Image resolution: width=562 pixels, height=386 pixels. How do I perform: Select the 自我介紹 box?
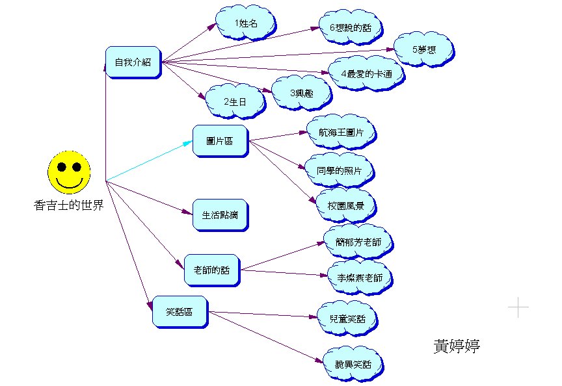coord(133,62)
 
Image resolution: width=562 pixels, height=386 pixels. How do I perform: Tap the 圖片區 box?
coord(220,140)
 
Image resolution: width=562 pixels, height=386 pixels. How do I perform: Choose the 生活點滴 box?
coord(220,215)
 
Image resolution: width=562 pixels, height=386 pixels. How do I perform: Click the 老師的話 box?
coord(211,269)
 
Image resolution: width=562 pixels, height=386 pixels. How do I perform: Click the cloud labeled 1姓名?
coord(246,23)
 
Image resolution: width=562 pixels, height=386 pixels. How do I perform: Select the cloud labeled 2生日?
coord(234,101)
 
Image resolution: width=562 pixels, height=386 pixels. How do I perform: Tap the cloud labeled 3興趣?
coord(301,93)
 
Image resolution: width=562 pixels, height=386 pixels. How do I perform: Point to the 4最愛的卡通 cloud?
coord(366,73)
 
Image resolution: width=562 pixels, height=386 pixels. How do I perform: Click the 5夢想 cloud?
coord(424,49)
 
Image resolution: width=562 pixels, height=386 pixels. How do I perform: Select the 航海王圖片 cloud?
coord(341,133)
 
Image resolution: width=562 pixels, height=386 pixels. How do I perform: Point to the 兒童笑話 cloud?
coord(347,318)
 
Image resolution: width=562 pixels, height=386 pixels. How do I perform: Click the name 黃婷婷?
coord(457,345)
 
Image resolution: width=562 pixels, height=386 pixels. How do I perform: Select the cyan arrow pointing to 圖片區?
coord(150,161)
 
